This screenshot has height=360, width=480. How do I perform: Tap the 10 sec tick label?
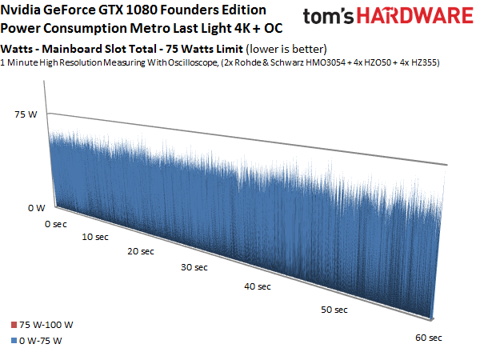(94, 237)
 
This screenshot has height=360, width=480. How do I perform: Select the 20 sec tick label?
(139, 251)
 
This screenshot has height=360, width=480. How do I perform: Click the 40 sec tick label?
(258, 286)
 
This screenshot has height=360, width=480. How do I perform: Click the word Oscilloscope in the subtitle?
(169, 62)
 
